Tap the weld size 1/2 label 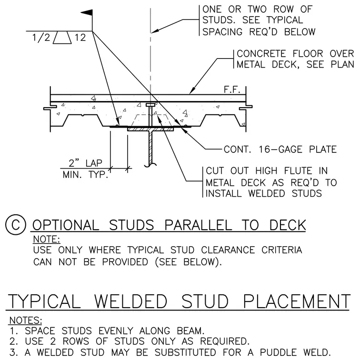click(x=41, y=38)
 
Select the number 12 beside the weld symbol click(x=80, y=38)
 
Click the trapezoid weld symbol click(x=62, y=38)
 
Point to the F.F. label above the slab click(x=232, y=90)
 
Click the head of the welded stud click(x=150, y=105)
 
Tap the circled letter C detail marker click(x=15, y=225)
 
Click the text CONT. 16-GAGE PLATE click(x=280, y=150)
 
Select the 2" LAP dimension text click(x=85, y=163)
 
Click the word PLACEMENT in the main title click(x=297, y=302)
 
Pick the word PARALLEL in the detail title click(x=198, y=225)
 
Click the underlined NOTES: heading click(x=26, y=321)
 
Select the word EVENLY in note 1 click(x=116, y=331)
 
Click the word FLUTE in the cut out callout click(x=298, y=171)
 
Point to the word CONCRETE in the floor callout click(x=261, y=53)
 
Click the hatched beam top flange click(x=150, y=129)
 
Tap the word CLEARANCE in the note click(x=228, y=250)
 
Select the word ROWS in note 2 click(x=76, y=341)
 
